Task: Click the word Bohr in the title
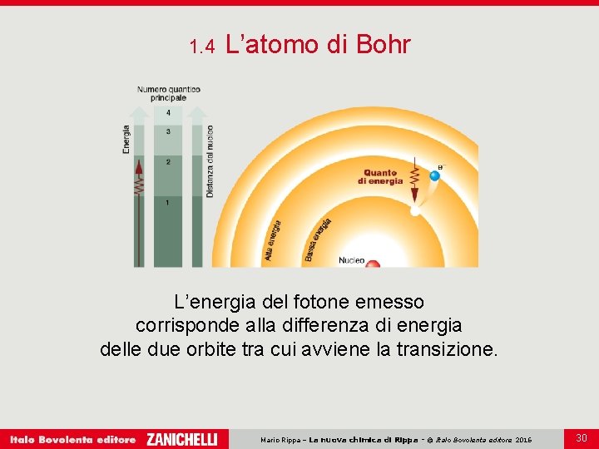click(x=383, y=45)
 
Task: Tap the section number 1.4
click(x=202, y=47)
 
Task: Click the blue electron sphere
click(x=433, y=175)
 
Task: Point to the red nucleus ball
click(x=373, y=264)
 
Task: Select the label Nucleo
click(x=350, y=260)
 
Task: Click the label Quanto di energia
click(x=380, y=177)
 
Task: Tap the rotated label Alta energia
click(x=274, y=240)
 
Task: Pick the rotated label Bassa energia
click(x=318, y=239)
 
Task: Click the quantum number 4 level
click(x=169, y=112)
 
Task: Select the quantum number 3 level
click(x=169, y=131)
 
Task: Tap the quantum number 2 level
click(x=169, y=161)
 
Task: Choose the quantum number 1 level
click(x=169, y=202)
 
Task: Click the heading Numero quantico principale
click(x=169, y=94)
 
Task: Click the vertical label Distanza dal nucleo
click(x=210, y=160)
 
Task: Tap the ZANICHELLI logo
click(x=182, y=439)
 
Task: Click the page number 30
click(x=582, y=437)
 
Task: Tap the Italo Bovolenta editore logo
click(x=73, y=439)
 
